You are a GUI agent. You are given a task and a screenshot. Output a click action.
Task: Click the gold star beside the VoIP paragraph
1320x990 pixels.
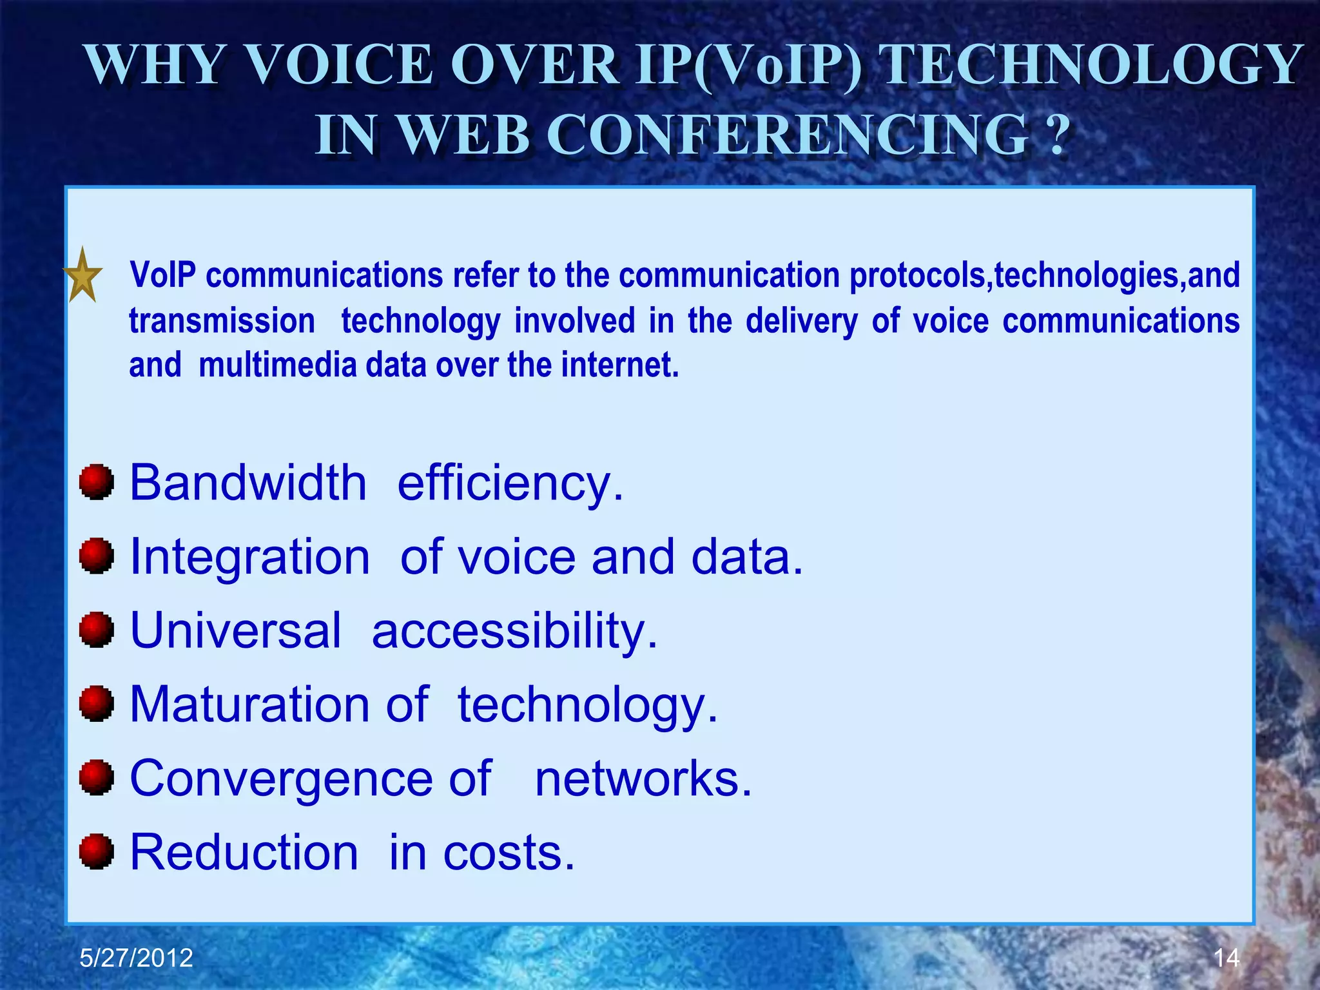tap(83, 276)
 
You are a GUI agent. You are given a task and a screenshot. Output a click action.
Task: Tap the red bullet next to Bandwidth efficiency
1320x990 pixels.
tap(97, 482)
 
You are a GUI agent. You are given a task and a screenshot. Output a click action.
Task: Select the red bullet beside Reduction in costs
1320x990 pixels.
tap(97, 852)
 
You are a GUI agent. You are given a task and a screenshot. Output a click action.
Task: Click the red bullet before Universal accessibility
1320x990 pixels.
tap(97, 630)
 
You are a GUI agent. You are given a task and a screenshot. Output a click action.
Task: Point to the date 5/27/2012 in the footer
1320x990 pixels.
tap(136, 958)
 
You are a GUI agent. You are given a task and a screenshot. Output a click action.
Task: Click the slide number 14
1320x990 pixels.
tap(1226, 958)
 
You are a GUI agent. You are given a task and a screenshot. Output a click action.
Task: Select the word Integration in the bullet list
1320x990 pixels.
tap(250, 557)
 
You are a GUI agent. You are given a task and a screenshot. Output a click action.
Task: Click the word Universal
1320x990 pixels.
tap(235, 630)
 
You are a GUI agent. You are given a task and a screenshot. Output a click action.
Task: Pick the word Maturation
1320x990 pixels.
tap(249, 704)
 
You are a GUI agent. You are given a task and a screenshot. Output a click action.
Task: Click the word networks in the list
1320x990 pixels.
tap(643, 778)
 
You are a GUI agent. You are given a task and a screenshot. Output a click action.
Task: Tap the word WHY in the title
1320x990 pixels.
tap(155, 64)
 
